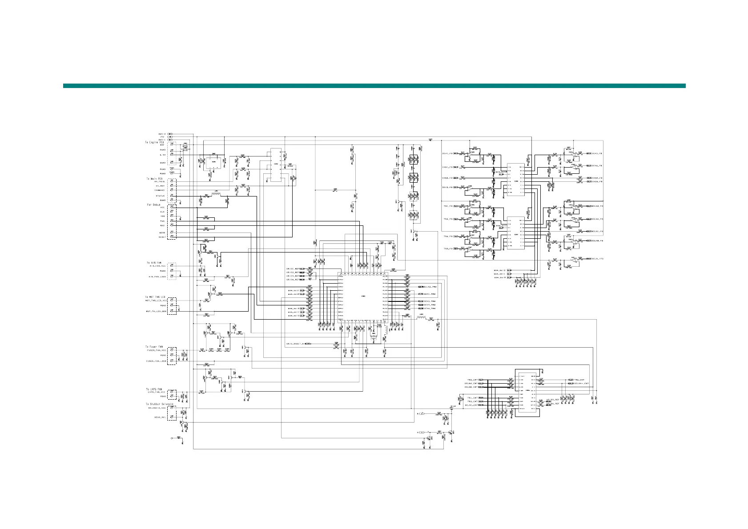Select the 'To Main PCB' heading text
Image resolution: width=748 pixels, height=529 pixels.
(x=155, y=179)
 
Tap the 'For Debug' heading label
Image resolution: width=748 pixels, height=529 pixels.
(x=153, y=205)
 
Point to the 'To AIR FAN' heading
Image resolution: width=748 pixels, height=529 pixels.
(x=154, y=263)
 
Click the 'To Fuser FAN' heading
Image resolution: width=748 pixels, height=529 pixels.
(x=154, y=347)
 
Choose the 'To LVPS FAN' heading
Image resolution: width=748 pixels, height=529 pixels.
(x=154, y=389)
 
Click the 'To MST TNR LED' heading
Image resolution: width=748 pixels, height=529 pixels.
(x=156, y=297)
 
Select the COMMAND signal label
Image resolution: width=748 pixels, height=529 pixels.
(x=160, y=190)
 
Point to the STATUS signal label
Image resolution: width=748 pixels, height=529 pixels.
(x=160, y=196)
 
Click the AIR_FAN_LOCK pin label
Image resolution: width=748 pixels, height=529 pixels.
(x=157, y=277)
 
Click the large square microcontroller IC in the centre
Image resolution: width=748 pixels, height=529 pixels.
(x=362, y=297)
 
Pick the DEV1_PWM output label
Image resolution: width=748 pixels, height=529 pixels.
(x=430, y=294)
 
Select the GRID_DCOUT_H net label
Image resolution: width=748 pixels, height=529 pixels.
(x=295, y=344)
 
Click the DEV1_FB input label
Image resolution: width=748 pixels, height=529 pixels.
(x=447, y=154)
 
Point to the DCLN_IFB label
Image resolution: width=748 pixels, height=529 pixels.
(x=597, y=259)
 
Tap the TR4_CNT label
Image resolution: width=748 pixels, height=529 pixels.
(x=578, y=380)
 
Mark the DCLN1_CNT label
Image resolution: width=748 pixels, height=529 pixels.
(x=471, y=405)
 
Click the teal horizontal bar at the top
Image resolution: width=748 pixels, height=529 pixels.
(x=374, y=86)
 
